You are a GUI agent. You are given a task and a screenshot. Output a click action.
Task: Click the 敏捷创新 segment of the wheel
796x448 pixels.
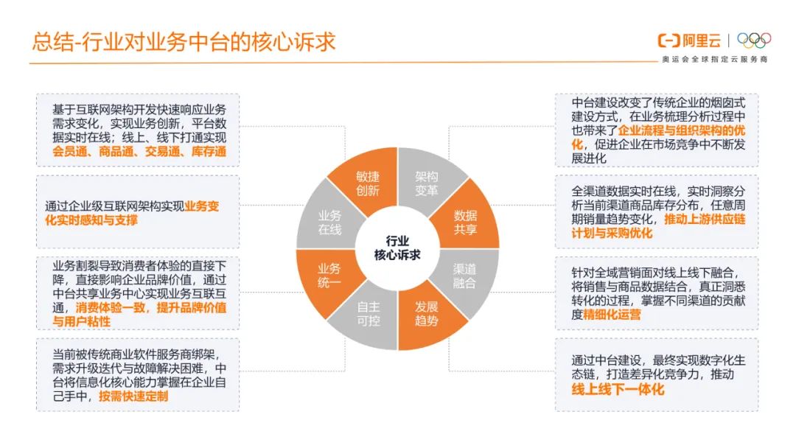pos(367,183)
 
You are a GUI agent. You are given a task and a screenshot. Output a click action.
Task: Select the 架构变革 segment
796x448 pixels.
pos(427,183)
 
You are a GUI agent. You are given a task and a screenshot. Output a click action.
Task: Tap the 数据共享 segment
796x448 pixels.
pos(465,222)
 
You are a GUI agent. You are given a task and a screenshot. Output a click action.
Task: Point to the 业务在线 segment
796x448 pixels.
pos(329,222)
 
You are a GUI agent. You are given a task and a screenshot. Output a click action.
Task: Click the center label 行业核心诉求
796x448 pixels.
pos(397,248)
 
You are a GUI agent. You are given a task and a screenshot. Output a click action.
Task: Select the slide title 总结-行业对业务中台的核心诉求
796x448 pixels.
pos(184,41)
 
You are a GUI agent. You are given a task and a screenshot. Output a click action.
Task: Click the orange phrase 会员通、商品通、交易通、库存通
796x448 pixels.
pos(139,152)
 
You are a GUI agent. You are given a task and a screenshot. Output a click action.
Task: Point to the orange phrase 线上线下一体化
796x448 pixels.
pos(618,388)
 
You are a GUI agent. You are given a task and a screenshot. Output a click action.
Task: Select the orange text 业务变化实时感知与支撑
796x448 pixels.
pos(133,213)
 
